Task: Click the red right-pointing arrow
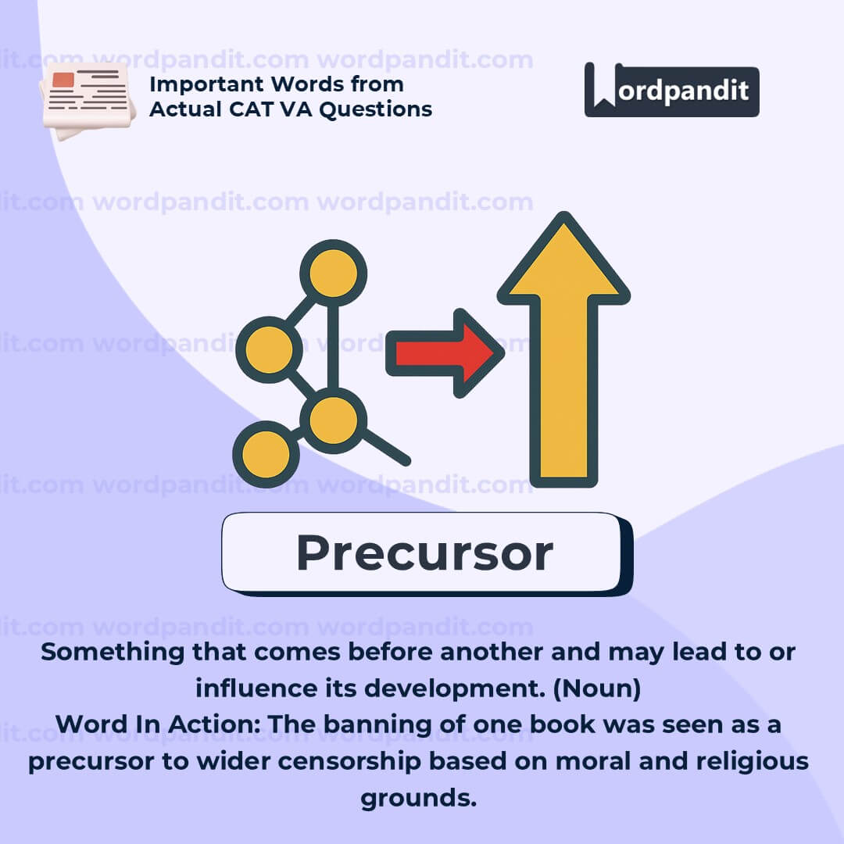pos(445,353)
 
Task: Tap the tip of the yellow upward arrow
pos(563,213)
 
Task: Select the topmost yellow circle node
pos(333,273)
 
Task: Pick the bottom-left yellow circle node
pos(266,454)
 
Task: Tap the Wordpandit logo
pos(672,90)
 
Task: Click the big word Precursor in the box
pos(424,553)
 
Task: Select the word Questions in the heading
pos(376,110)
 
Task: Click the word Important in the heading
pos(206,84)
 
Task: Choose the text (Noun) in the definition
pos(597,688)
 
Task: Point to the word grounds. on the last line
pos(419,799)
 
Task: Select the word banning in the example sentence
pos(377,725)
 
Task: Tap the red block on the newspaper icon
pos(63,80)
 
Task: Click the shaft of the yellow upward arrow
pos(563,388)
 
